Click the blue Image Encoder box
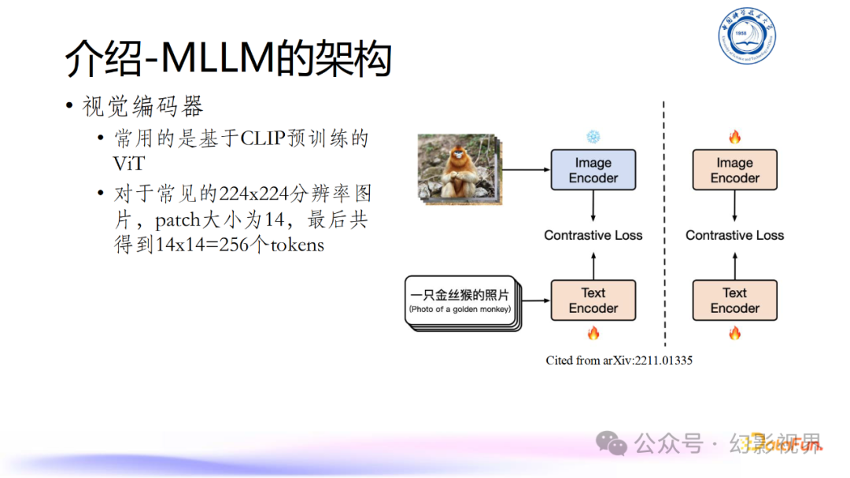coord(593,171)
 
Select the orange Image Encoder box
coord(734,171)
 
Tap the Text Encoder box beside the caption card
coord(593,300)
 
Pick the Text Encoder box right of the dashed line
coord(734,300)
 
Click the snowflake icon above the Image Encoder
coord(593,137)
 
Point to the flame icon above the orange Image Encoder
coord(734,138)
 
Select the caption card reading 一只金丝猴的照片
coord(460,300)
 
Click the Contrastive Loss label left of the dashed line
coord(593,235)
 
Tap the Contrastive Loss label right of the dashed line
coord(734,235)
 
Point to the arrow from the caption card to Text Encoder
coord(534,300)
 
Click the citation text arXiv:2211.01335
coord(619,360)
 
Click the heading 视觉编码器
coord(143,106)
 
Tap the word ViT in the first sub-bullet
coord(130,163)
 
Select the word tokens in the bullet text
coord(296,245)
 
